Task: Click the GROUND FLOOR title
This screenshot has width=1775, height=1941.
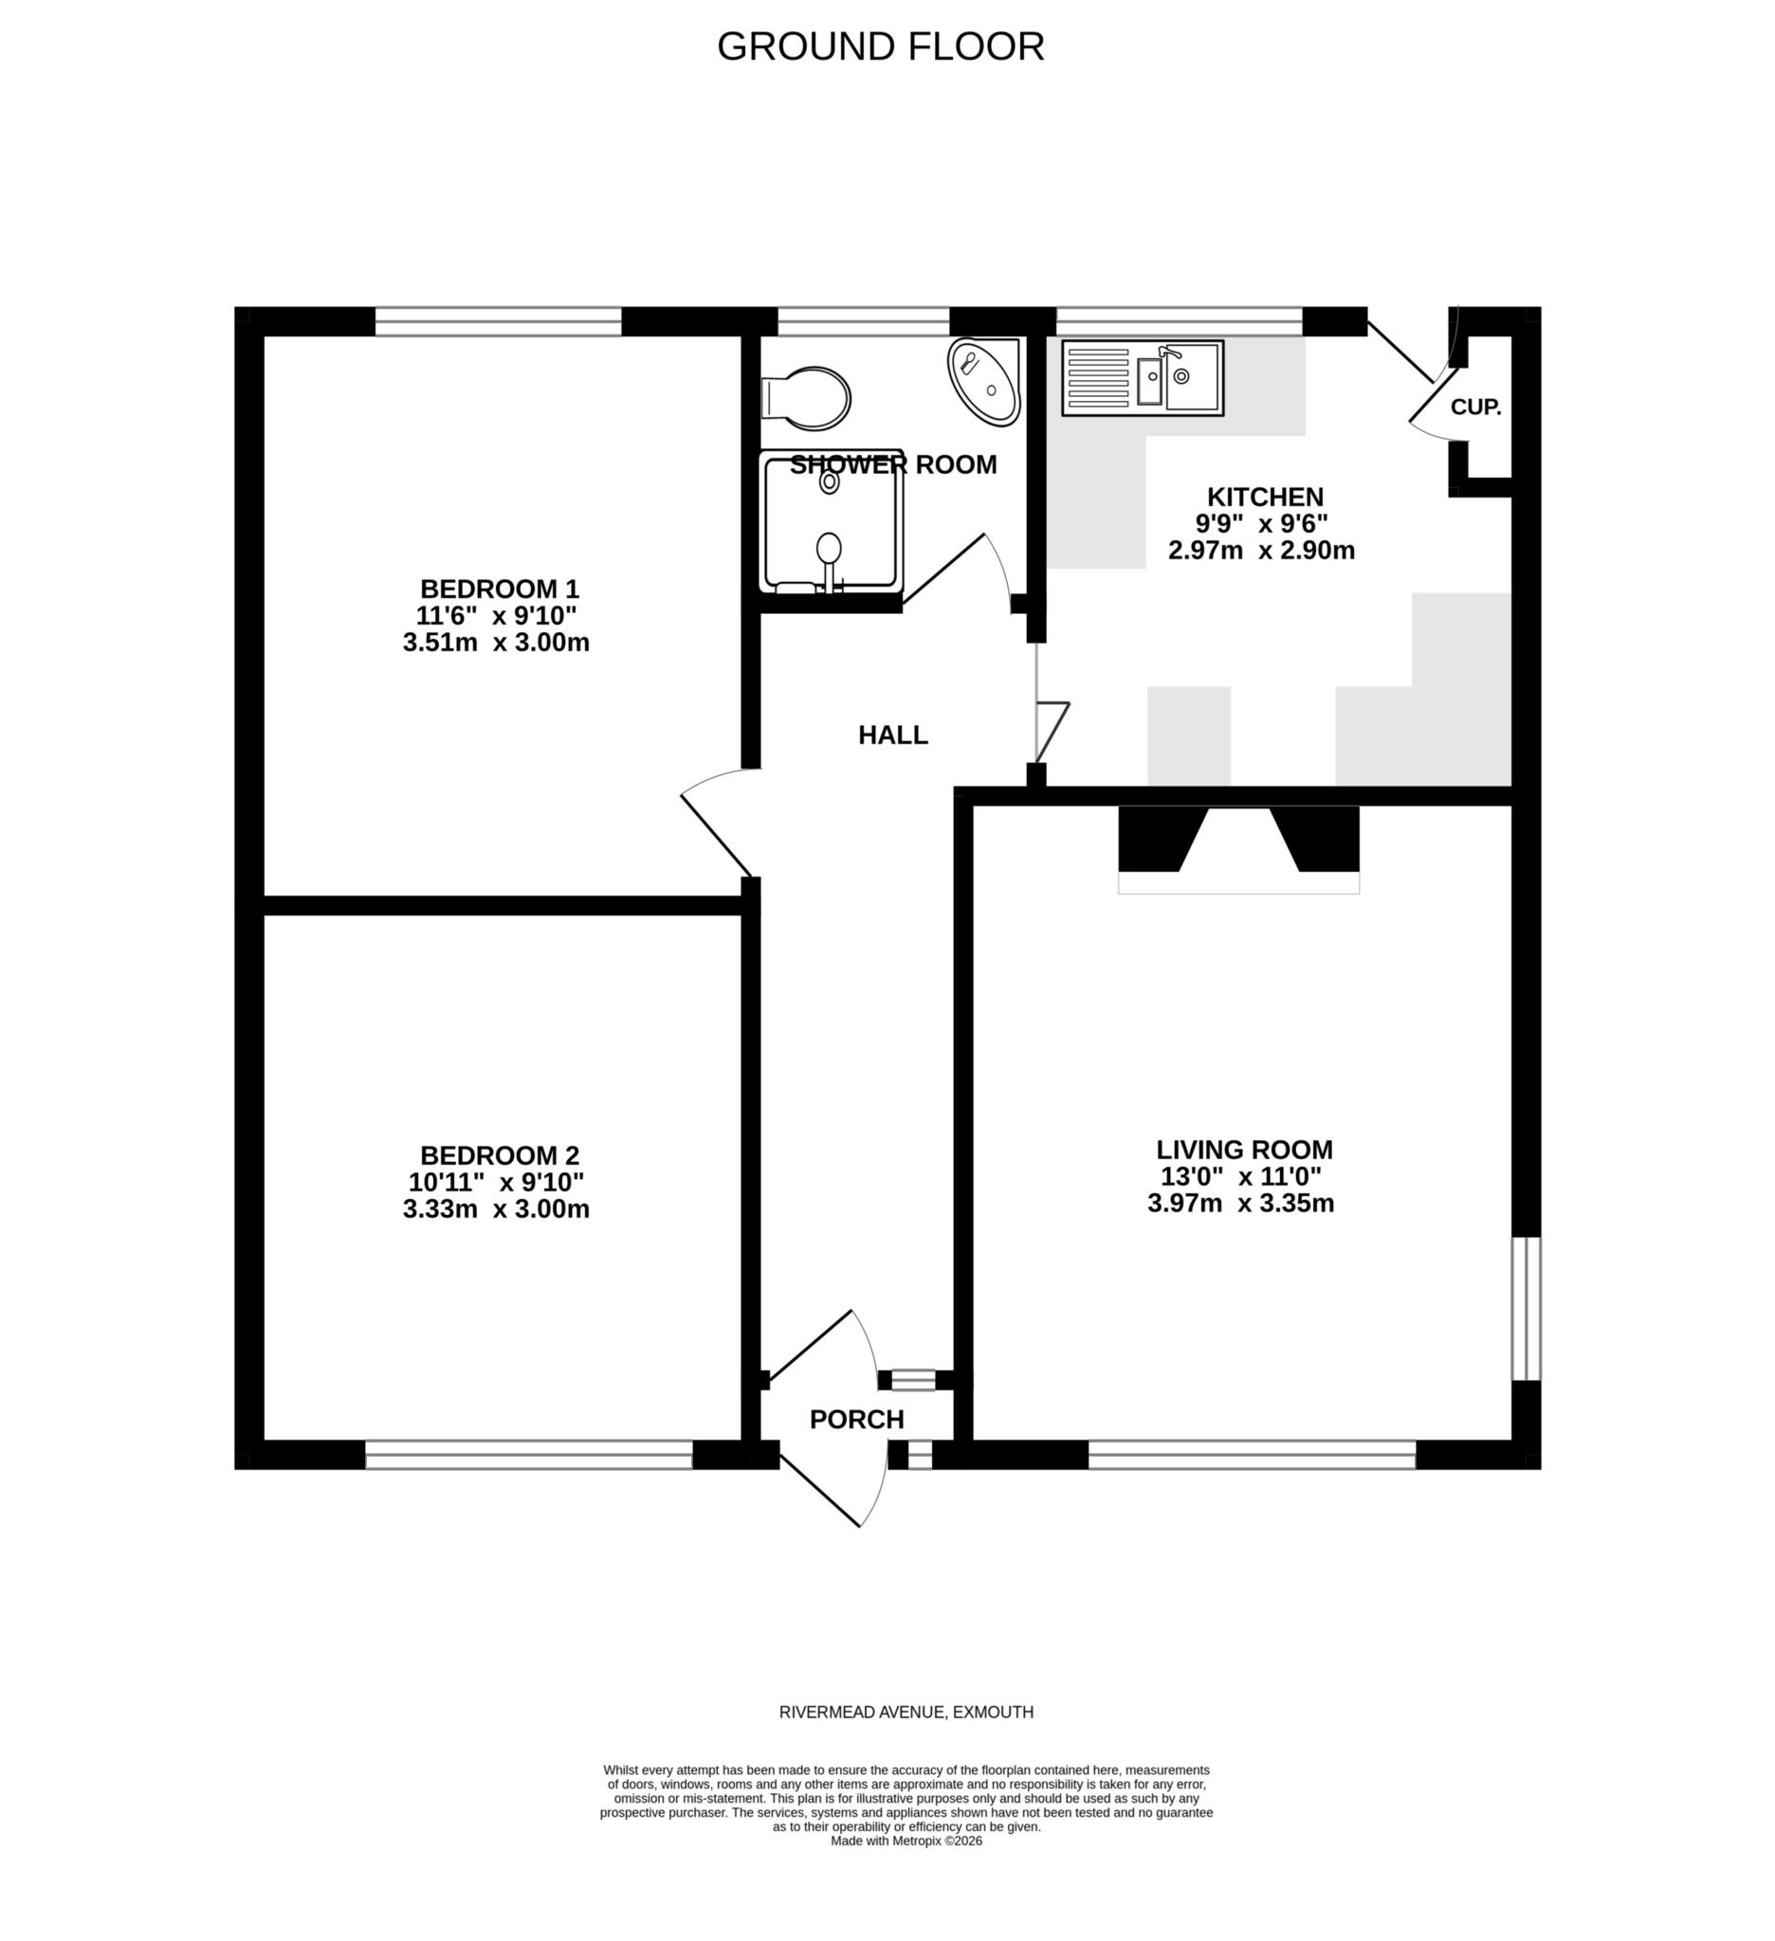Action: (880, 46)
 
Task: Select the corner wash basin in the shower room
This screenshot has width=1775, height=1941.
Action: (984, 381)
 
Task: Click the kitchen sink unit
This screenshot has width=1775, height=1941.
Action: (1143, 378)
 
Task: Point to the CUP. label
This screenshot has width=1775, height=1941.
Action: (1475, 408)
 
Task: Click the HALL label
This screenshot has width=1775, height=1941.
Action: (893, 735)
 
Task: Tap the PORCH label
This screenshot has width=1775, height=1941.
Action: (856, 1420)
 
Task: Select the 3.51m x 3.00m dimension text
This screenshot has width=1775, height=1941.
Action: (496, 643)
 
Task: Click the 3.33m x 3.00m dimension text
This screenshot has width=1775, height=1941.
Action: (496, 1209)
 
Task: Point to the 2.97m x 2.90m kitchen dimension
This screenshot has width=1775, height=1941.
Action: (1261, 551)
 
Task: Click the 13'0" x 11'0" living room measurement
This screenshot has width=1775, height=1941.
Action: (1240, 1176)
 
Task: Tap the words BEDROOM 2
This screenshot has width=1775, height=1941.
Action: (500, 1155)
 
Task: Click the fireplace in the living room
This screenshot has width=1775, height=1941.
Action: (1238, 847)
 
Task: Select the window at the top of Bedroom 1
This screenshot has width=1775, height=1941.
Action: (498, 321)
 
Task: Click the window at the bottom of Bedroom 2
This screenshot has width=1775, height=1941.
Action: (529, 1455)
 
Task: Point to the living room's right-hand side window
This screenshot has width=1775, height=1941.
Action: (1526, 1309)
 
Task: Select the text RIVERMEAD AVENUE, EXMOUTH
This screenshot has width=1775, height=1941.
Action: (906, 1712)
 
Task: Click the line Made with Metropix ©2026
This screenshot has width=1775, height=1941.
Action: (906, 1841)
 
